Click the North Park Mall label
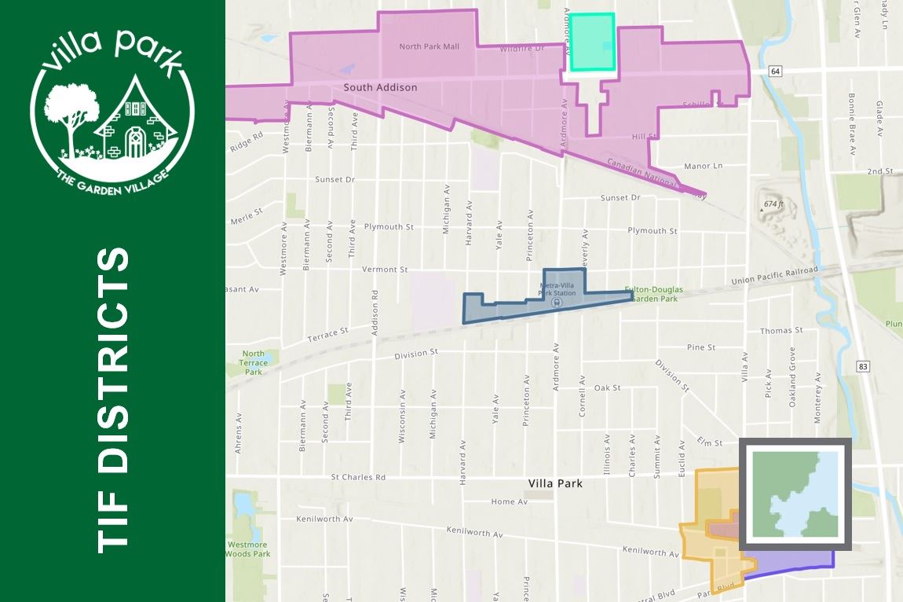[429, 46]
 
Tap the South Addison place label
[380, 87]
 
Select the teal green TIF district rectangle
[591, 42]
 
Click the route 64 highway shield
[776, 72]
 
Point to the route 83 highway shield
[863, 366]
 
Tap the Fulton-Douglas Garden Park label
[653, 294]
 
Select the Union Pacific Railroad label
[774, 276]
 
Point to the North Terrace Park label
[253, 362]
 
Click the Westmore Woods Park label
[248, 549]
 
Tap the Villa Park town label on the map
[557, 483]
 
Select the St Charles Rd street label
[358, 477]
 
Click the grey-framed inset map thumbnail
[795, 494]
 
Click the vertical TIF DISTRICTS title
[112, 400]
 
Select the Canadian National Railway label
[656, 178]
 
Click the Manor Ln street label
[702, 166]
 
